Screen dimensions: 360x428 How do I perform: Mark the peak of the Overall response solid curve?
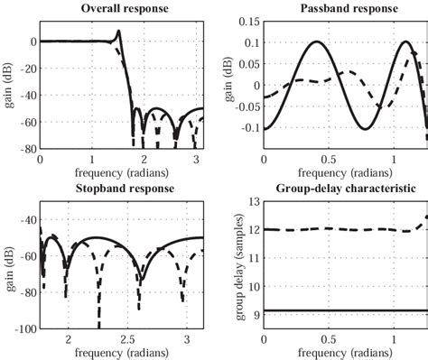[x=118, y=32]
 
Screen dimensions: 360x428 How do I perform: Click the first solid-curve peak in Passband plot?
[x=316, y=42]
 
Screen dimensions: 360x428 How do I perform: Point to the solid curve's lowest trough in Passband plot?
[x=365, y=129]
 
